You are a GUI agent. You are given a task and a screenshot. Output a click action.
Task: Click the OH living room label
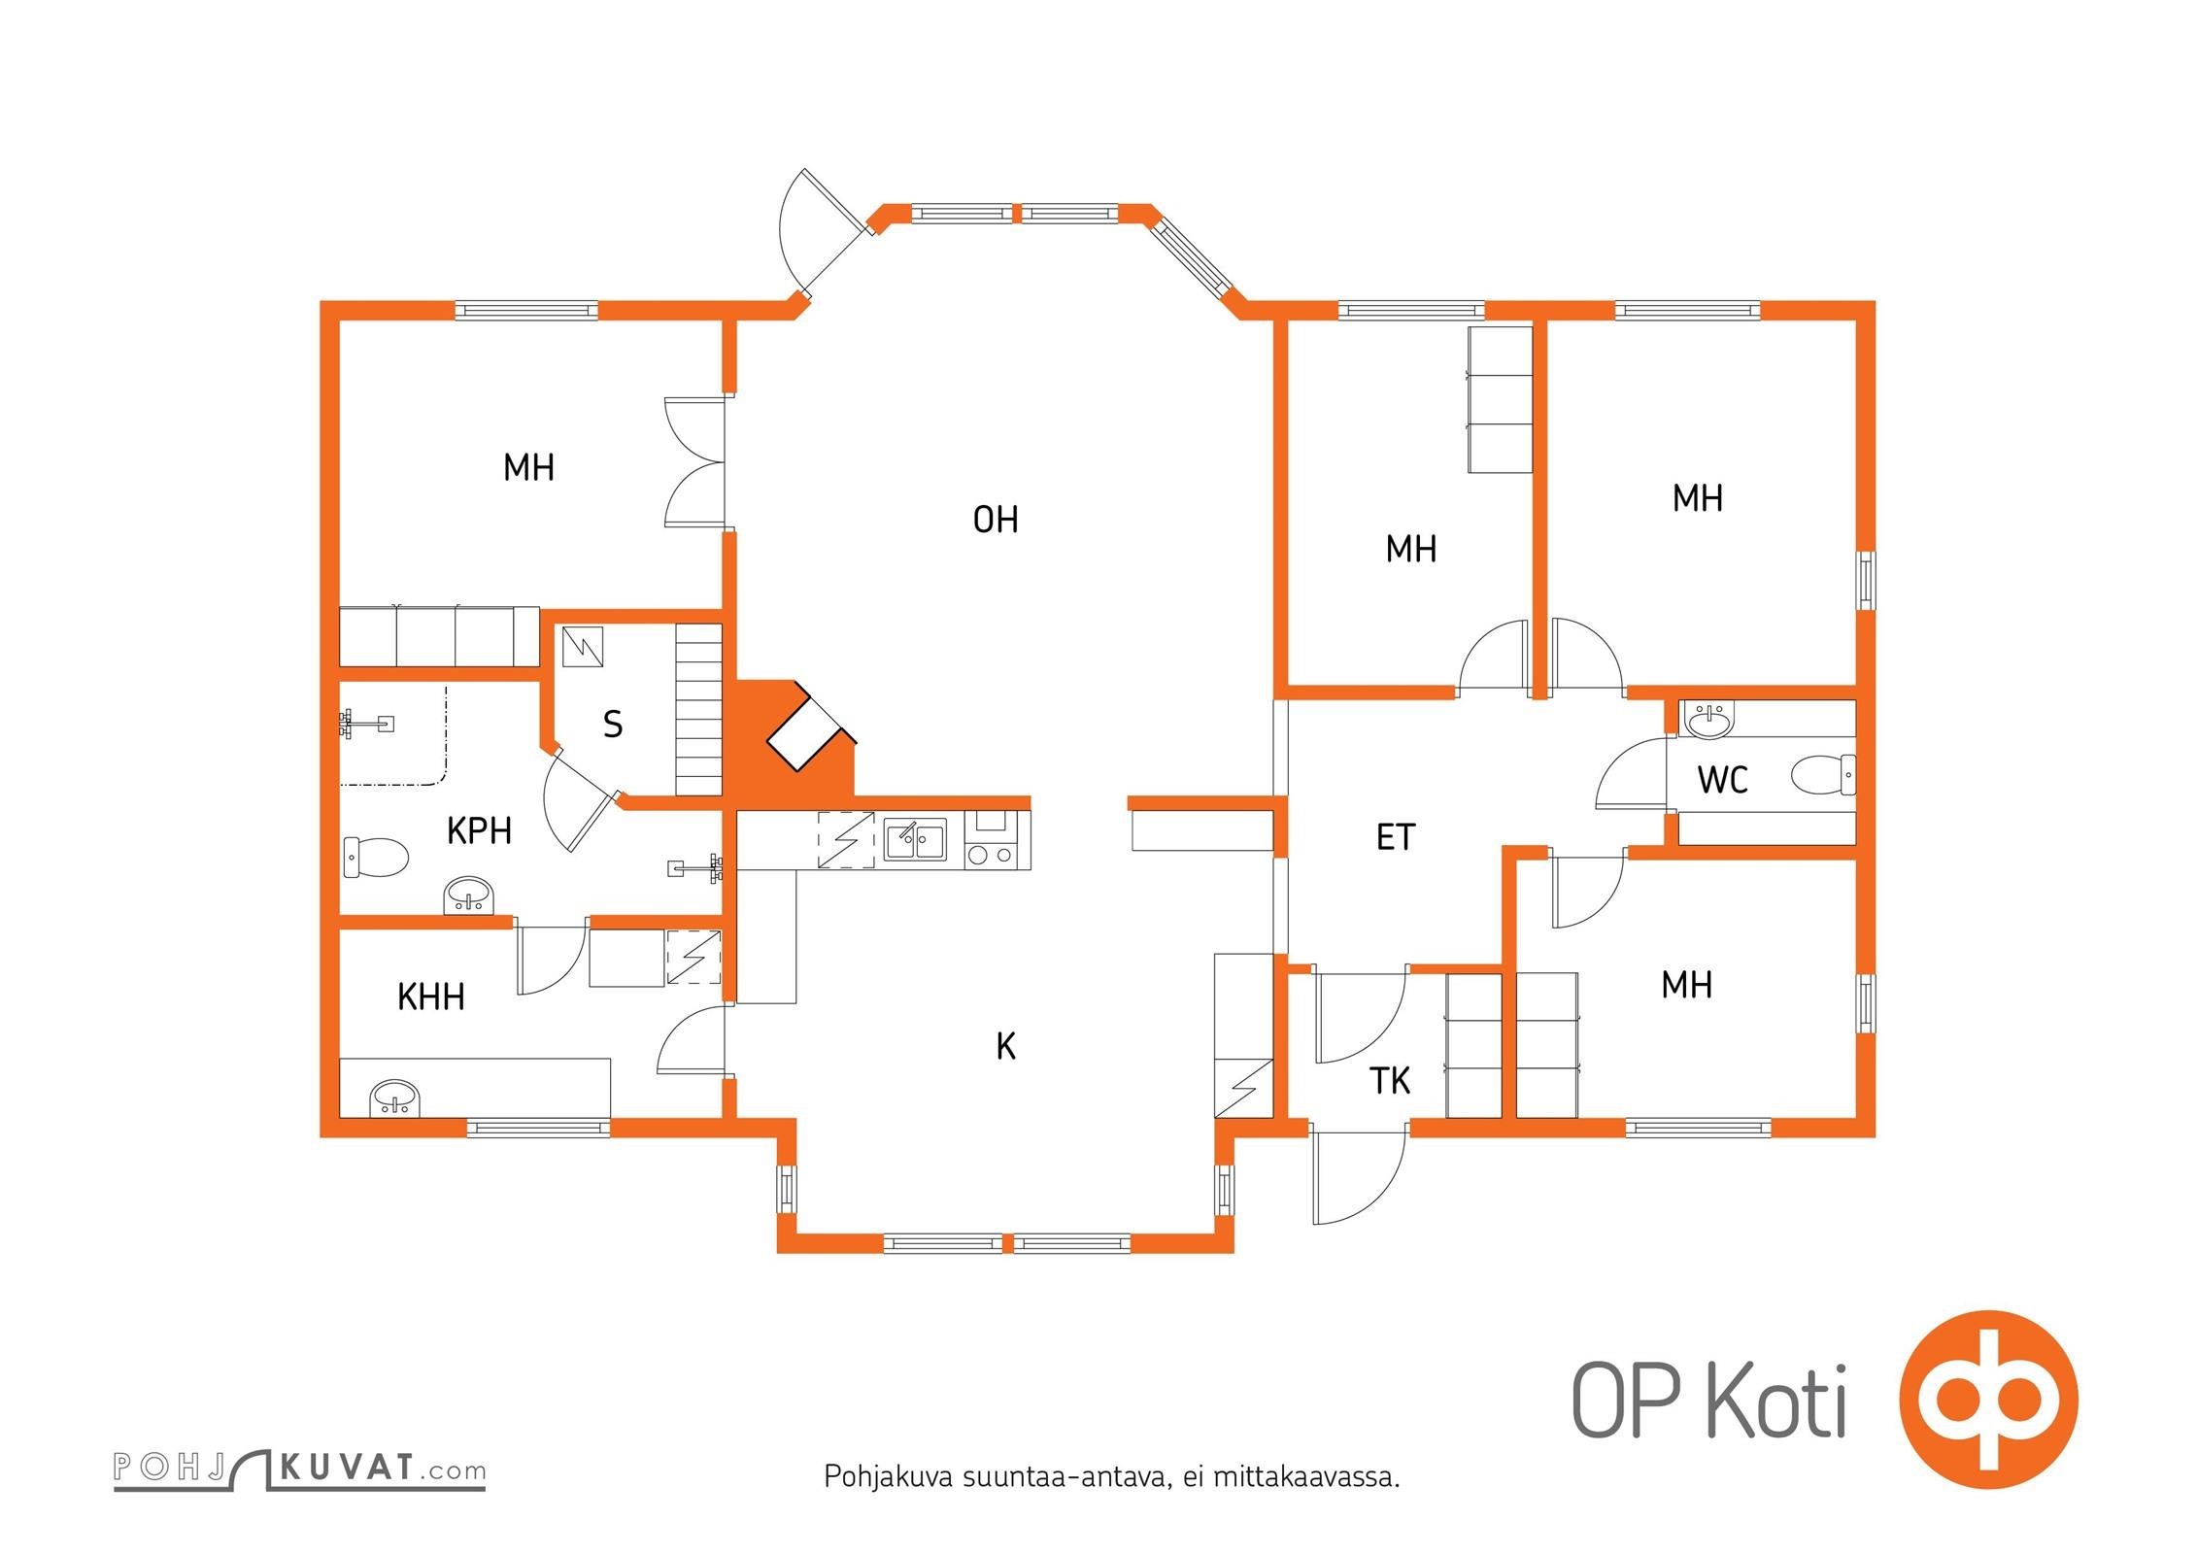click(x=996, y=520)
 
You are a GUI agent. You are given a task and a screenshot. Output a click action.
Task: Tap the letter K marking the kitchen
click(x=1006, y=1046)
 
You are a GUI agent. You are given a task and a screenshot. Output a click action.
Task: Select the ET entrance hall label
click(x=1396, y=836)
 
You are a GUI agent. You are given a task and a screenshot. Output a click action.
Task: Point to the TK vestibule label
click(x=1390, y=1080)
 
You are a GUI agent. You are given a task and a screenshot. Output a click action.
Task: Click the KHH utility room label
click(x=431, y=997)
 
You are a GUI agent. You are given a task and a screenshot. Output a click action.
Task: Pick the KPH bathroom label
click(x=479, y=830)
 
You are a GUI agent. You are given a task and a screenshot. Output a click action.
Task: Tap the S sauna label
click(x=612, y=724)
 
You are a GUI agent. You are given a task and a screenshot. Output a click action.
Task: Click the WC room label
click(x=1723, y=779)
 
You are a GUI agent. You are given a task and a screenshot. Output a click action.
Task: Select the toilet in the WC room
click(x=1822, y=776)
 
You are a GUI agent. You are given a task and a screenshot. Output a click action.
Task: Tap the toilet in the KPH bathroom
click(x=375, y=857)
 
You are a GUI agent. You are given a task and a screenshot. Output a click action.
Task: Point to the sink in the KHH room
click(x=394, y=1098)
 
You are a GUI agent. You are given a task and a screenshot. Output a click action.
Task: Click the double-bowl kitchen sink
click(x=915, y=840)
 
